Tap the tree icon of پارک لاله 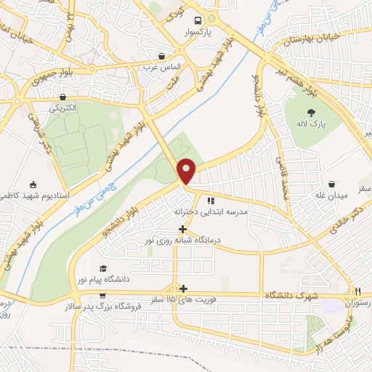tap(312, 112)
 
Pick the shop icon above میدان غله tap(332, 185)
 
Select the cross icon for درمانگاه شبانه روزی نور tap(182, 229)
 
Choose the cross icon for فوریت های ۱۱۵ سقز tap(183, 288)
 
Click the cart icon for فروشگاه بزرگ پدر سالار tap(102, 296)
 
